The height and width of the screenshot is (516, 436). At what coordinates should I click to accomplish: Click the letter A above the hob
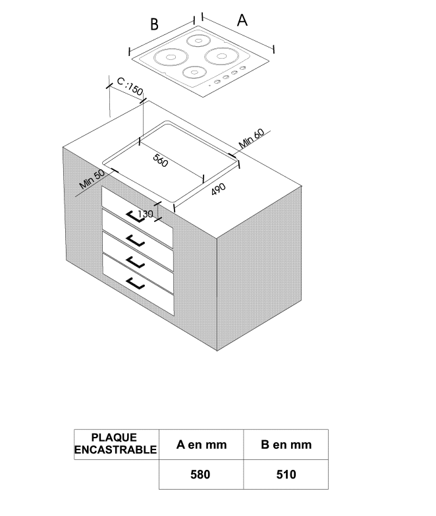click(242, 20)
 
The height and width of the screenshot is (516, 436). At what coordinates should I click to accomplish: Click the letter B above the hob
click(154, 24)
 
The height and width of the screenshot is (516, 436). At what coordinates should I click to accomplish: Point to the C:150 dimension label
click(130, 86)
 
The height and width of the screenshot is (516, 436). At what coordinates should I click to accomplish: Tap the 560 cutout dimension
click(161, 160)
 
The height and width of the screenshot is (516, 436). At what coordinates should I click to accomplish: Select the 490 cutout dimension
click(218, 189)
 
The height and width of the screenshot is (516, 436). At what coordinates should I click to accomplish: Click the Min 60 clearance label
click(251, 138)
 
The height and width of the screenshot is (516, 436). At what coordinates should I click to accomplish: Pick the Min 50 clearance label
click(92, 179)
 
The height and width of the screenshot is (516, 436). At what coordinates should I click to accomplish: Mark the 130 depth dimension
click(146, 214)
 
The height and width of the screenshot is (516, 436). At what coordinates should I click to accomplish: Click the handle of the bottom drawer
click(136, 283)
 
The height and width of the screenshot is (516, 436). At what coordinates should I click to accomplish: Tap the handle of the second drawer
click(136, 241)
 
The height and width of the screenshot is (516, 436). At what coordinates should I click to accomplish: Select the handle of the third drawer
click(136, 262)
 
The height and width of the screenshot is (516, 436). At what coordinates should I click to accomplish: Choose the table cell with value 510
click(286, 474)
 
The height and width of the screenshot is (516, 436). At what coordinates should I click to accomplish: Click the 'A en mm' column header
click(202, 445)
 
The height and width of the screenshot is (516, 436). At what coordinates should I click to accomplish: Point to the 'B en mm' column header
click(286, 445)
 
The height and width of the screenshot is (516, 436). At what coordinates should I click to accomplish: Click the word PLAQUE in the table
click(114, 438)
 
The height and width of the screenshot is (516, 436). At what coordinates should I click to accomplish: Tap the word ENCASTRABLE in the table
click(116, 450)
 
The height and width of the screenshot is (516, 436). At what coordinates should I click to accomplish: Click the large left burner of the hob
click(171, 57)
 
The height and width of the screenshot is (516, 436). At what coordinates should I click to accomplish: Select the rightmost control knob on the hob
click(242, 68)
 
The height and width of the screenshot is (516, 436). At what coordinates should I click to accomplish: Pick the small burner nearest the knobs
click(194, 72)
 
